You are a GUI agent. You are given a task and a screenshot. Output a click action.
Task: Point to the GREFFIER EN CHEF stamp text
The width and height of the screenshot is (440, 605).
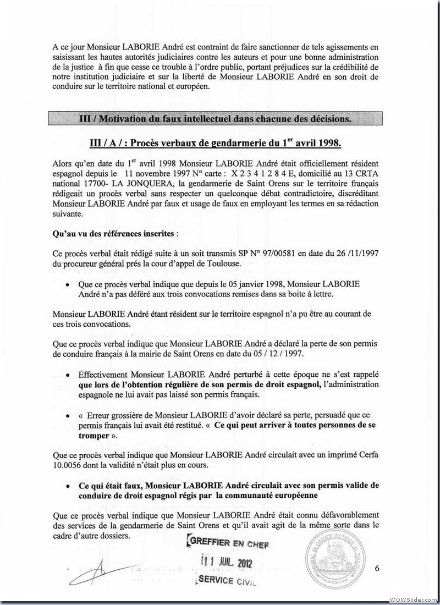228,543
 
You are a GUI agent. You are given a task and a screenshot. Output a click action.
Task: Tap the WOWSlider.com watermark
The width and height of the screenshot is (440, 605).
412,598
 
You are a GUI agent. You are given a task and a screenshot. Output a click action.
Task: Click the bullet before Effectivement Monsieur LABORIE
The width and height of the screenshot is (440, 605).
67,374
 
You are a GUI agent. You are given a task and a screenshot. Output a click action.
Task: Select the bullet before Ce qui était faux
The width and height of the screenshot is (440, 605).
67,486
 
